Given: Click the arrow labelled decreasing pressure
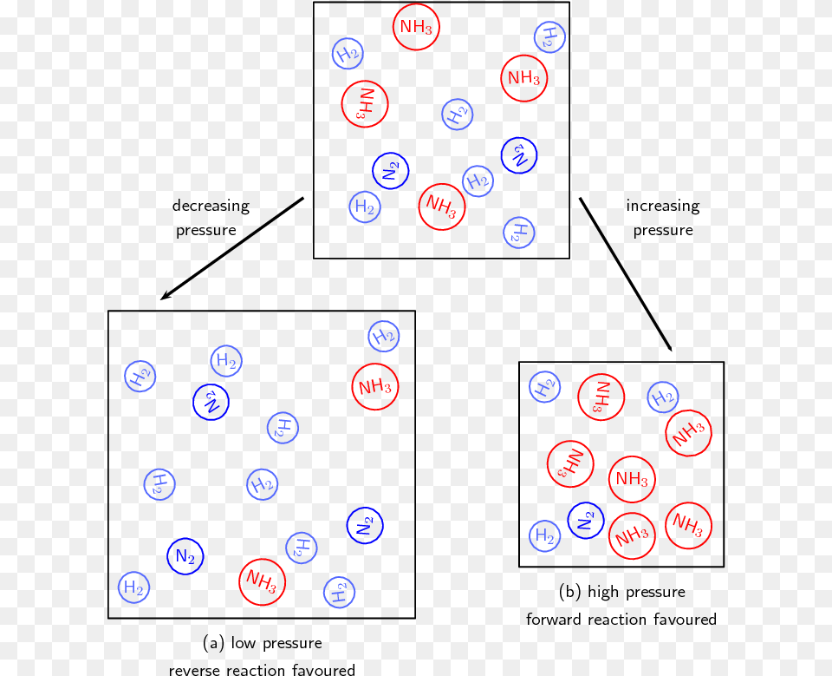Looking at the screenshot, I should (x=232, y=248).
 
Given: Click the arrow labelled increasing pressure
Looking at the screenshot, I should (x=626, y=274).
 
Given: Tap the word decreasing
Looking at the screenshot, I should (x=211, y=207).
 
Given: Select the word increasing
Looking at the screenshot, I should (x=663, y=207).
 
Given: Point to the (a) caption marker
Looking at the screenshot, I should (x=213, y=644).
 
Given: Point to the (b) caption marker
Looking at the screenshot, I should (x=570, y=593).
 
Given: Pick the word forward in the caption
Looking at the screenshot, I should (x=554, y=620).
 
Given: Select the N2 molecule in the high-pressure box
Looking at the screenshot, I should (x=586, y=520).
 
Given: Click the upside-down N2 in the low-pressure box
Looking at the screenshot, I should (x=211, y=400).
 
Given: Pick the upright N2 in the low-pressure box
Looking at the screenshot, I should (x=185, y=556).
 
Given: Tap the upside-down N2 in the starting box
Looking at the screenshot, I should (x=519, y=155).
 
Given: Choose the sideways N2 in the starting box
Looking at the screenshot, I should (x=391, y=170).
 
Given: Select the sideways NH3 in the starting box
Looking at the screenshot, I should (x=364, y=104).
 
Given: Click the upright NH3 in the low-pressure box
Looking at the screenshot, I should (x=375, y=387).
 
